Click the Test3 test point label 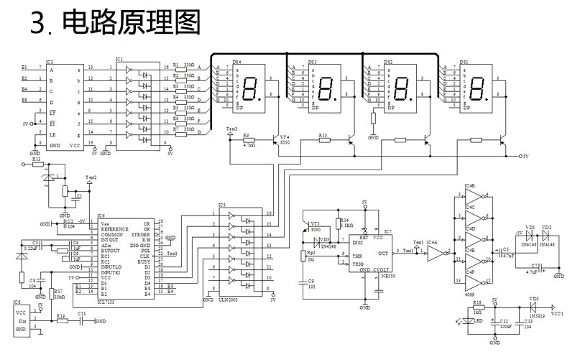coord(231,129)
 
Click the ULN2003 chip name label coord(229,299)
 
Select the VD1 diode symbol coord(530,236)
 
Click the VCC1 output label coord(557,314)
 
